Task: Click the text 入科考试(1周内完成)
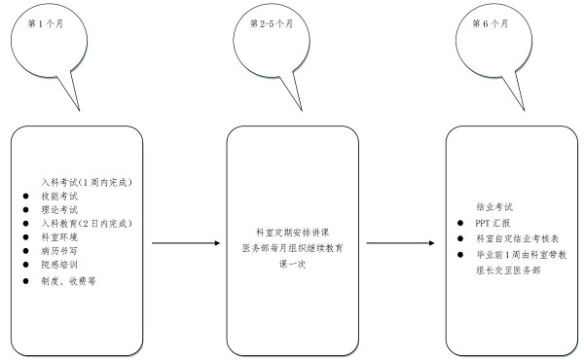[x=85, y=182]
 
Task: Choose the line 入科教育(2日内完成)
[x=87, y=223]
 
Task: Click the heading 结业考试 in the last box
[x=493, y=207]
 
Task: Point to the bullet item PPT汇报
[x=488, y=223]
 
